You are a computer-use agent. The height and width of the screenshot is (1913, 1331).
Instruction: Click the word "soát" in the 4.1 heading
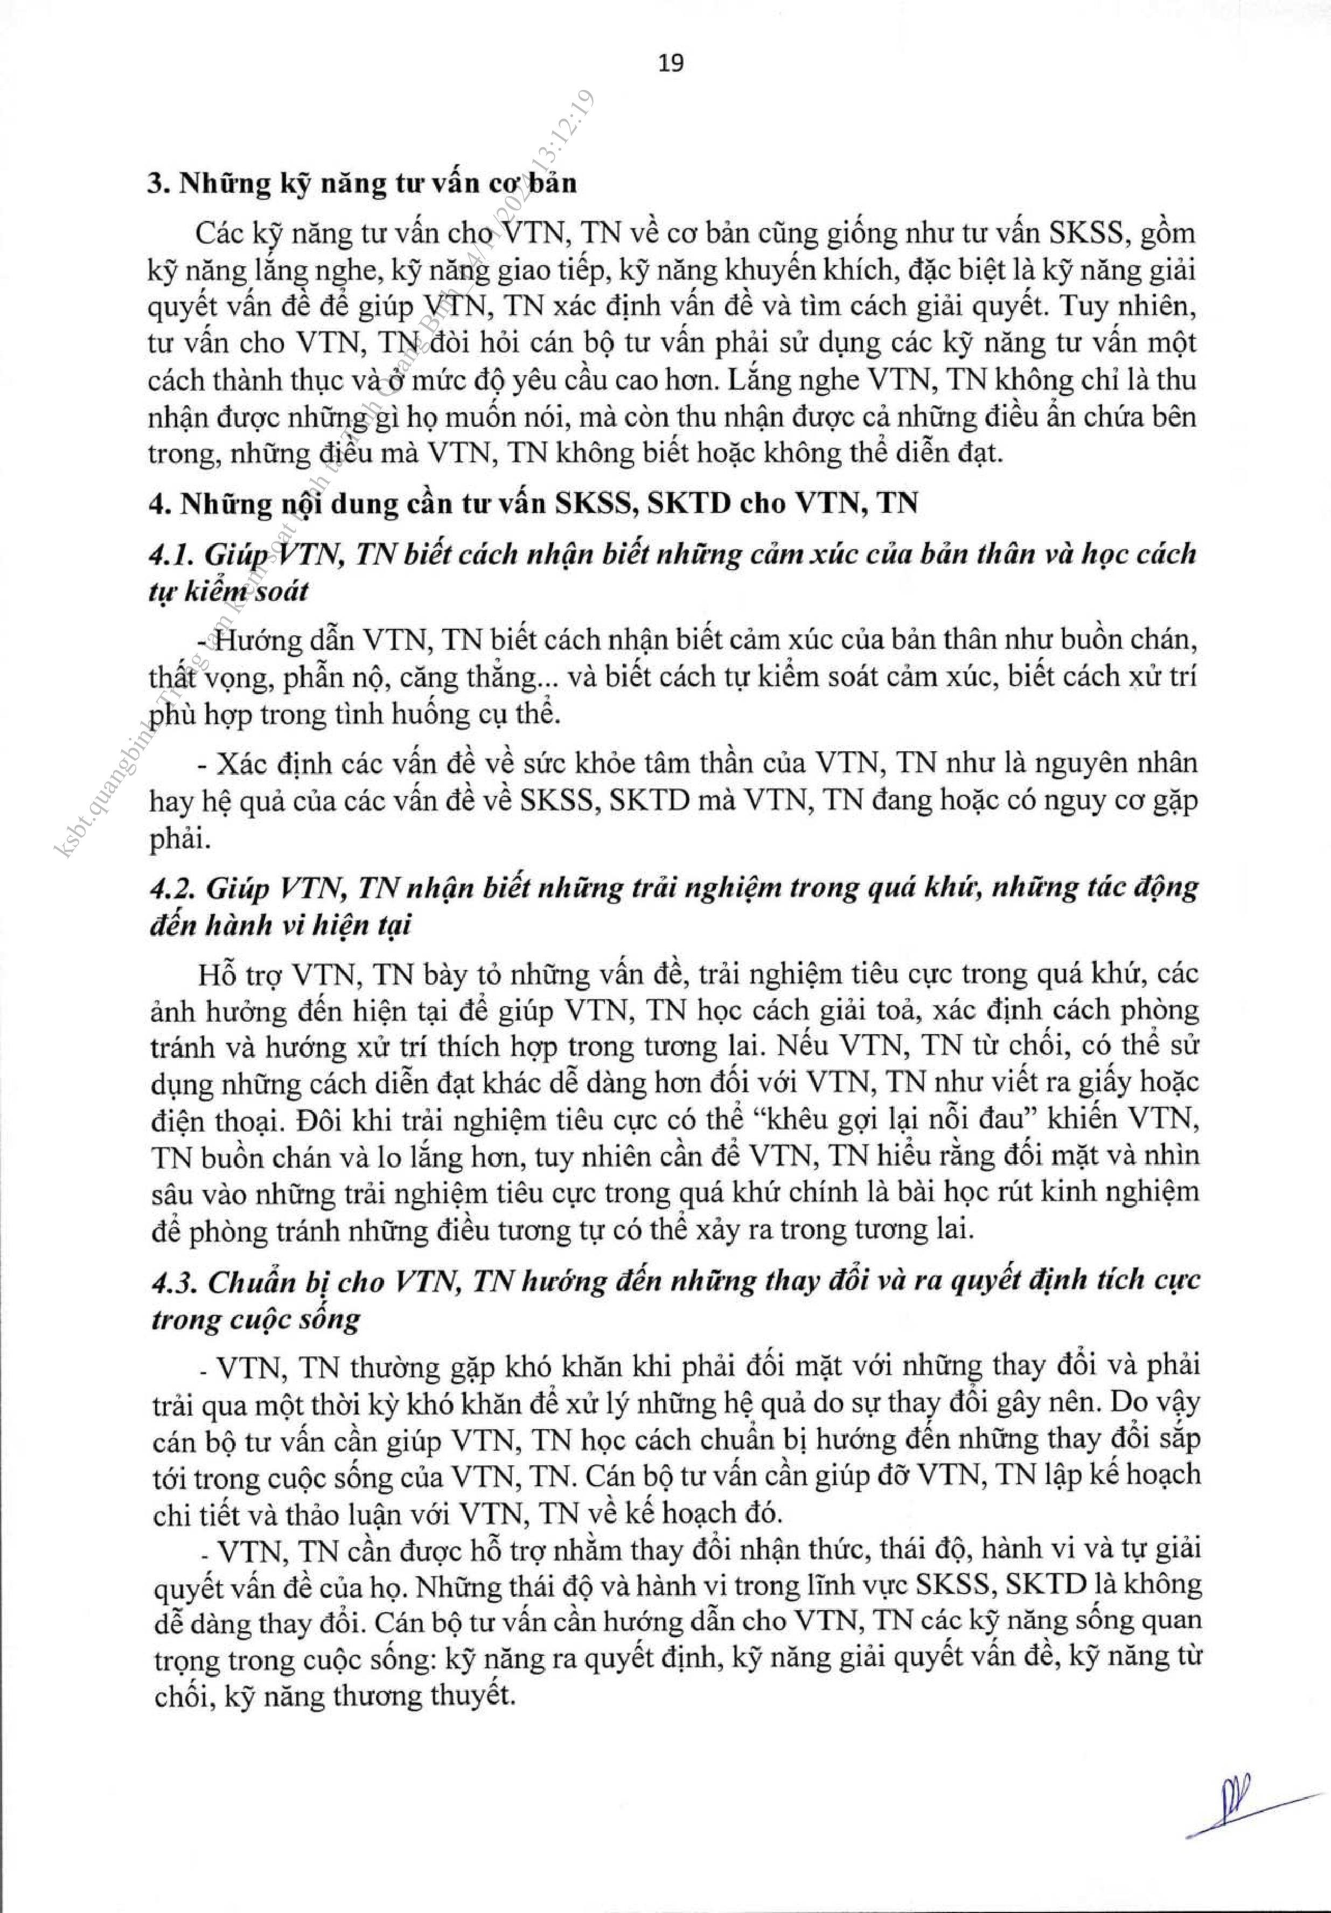point(276,592)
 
